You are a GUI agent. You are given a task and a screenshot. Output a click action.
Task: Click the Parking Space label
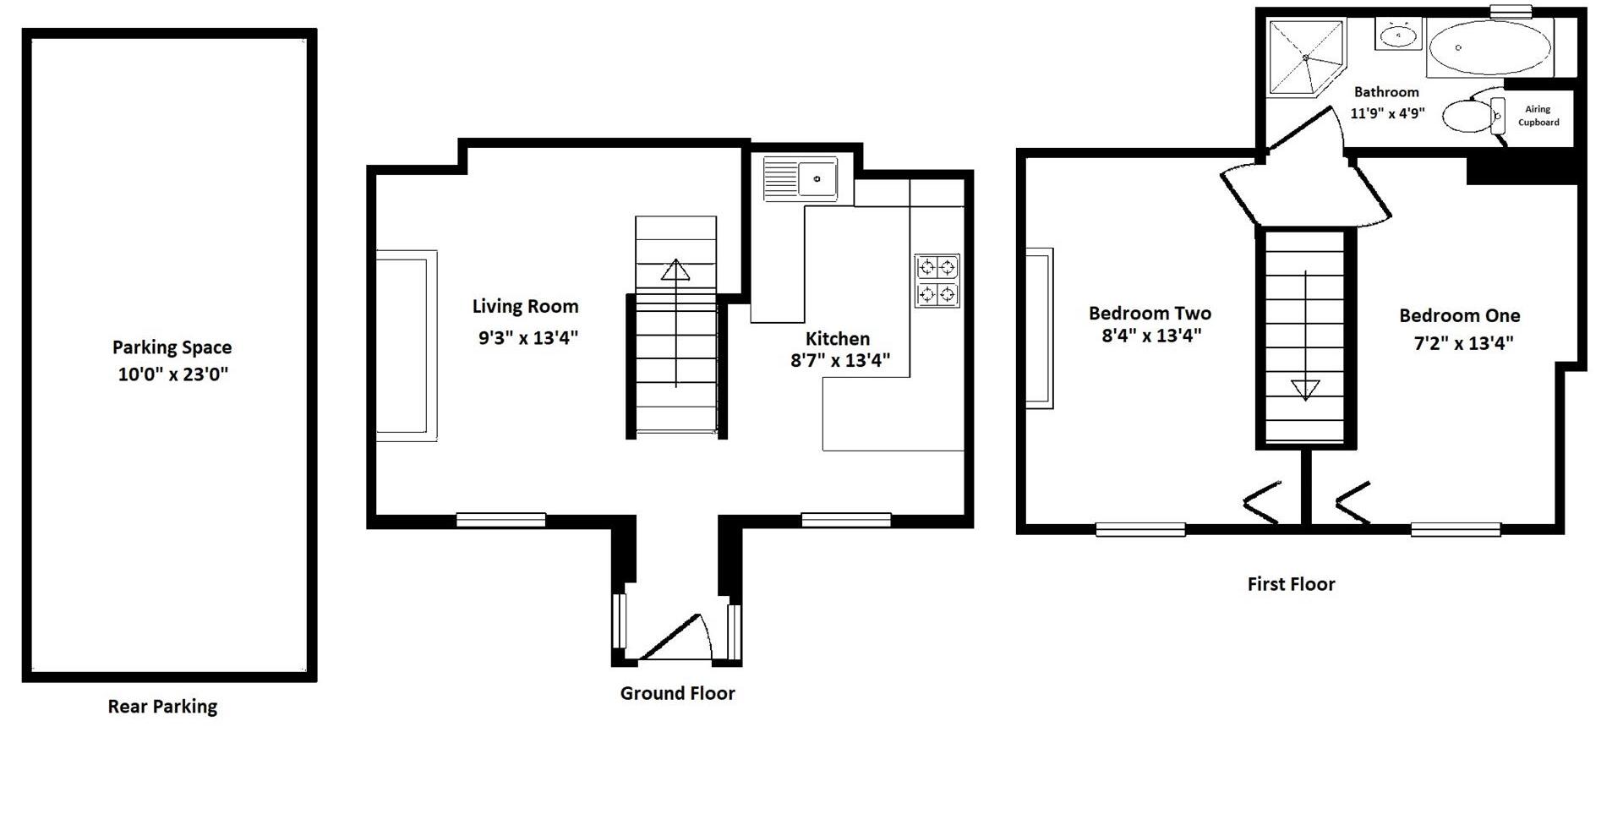tap(172, 347)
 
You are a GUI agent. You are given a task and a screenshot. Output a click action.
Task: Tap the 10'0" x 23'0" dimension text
tap(172, 374)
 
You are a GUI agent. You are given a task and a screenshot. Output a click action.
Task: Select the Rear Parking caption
tap(162, 707)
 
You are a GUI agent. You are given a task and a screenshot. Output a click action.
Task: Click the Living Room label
tap(525, 306)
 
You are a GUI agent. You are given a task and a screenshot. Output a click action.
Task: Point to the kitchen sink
tap(801, 178)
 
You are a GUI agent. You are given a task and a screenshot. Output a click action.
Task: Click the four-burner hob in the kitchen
tap(937, 281)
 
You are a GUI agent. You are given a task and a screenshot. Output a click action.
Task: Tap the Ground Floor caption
tap(677, 693)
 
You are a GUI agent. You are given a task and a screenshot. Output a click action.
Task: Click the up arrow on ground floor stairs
tap(675, 270)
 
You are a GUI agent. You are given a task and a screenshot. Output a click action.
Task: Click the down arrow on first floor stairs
tap(1305, 390)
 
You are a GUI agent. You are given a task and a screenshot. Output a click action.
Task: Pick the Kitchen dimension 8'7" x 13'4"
tap(839, 361)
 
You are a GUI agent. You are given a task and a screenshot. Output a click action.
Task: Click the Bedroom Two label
tap(1150, 314)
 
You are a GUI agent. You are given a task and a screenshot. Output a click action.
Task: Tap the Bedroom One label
tap(1459, 316)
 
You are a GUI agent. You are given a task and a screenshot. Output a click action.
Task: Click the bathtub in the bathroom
tap(1489, 48)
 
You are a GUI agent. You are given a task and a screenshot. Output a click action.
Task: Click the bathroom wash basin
tap(1399, 36)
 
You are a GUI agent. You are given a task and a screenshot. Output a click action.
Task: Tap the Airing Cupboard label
tap(1538, 116)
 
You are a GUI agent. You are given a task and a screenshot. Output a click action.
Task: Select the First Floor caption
tap(1291, 584)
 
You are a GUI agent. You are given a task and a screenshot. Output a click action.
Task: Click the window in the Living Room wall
tap(500, 520)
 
